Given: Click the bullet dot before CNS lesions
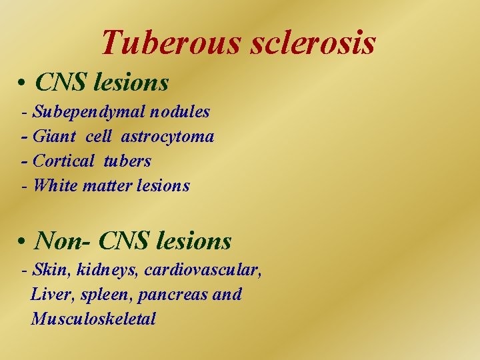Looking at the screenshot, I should click(x=23, y=84).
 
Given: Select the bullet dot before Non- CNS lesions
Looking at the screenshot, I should click(x=23, y=241).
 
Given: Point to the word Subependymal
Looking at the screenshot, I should click(x=87, y=112).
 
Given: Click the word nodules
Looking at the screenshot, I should click(x=178, y=112).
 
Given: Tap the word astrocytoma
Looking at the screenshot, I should click(x=167, y=137).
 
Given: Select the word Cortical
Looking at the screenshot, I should click(x=64, y=161).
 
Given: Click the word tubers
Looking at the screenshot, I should click(x=129, y=161).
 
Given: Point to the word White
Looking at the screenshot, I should click(x=55, y=185).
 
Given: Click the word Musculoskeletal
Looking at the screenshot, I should click(x=93, y=319).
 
